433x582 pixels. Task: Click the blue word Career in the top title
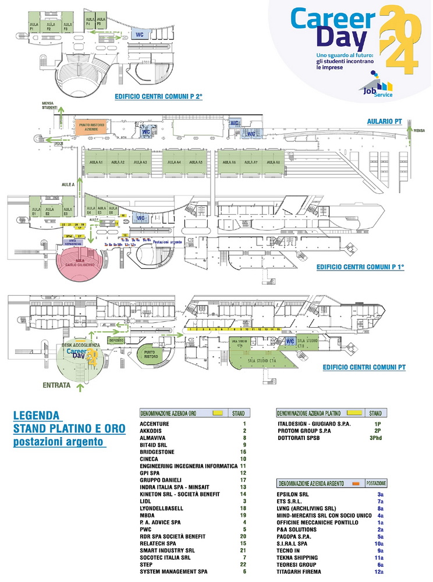tap(330, 20)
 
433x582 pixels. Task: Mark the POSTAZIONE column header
tap(379, 484)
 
